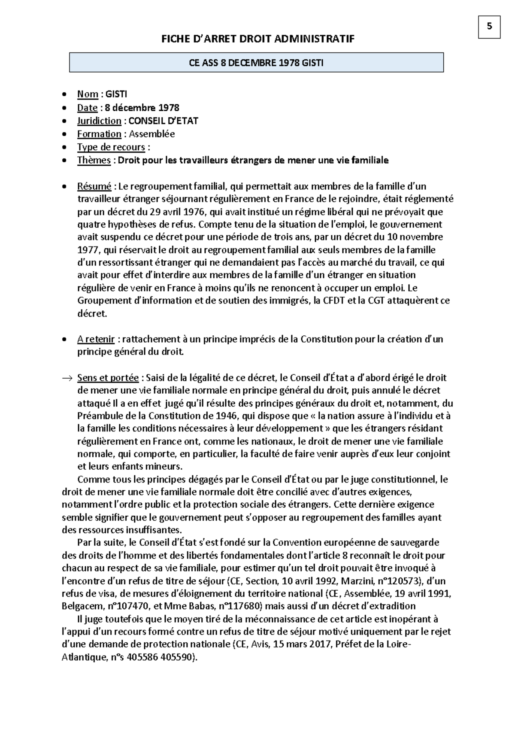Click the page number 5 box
point(489,27)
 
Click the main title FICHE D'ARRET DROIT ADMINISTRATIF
point(257,39)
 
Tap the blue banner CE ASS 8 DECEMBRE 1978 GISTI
point(256,63)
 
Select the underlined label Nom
point(88,94)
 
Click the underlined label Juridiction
point(99,121)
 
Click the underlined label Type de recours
point(111,147)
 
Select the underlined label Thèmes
point(94,160)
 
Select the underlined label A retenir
point(96,339)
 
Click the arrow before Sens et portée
point(67,378)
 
